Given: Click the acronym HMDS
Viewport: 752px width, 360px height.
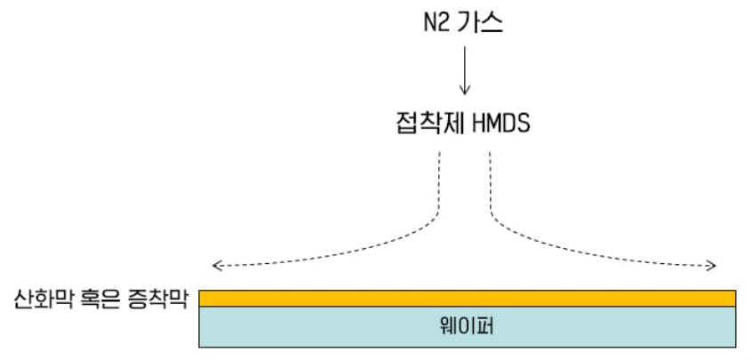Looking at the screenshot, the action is click(x=498, y=123).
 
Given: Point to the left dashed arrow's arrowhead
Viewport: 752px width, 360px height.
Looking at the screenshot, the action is click(x=213, y=266).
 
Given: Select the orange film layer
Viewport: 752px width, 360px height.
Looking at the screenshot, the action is click(x=467, y=298).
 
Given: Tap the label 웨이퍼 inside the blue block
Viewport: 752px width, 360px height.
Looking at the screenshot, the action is click(x=467, y=326).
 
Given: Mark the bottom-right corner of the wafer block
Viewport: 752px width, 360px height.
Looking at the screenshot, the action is click(x=735, y=346).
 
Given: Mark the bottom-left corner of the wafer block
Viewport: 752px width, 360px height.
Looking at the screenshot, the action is click(x=200, y=346).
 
